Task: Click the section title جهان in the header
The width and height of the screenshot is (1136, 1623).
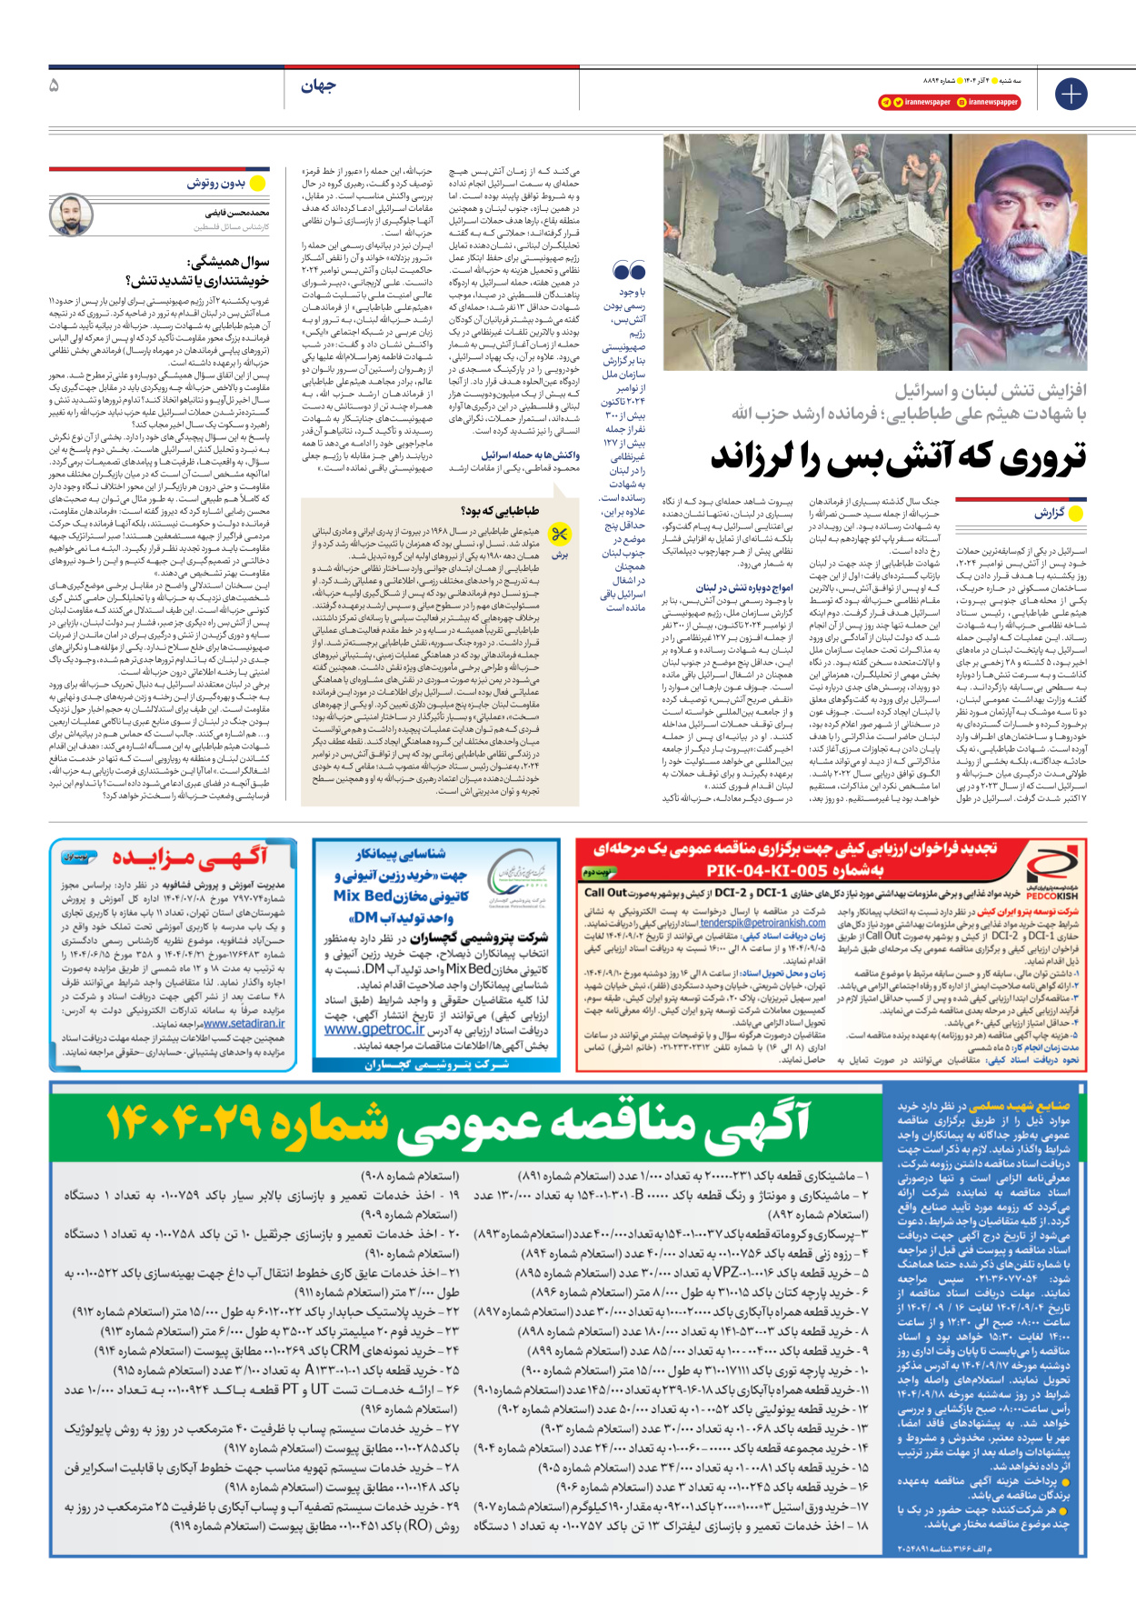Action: point(318,85)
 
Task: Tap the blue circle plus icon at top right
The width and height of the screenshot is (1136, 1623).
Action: point(1071,94)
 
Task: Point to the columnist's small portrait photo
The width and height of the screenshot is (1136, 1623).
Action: point(72,215)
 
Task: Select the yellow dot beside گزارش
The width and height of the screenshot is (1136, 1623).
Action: point(1076,514)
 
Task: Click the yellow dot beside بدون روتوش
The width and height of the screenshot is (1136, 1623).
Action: point(257,184)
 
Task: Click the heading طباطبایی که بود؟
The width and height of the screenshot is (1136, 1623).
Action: point(501,511)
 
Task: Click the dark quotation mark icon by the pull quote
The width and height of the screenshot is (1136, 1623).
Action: point(630,270)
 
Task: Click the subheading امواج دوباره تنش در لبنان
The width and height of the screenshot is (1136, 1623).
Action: point(744,588)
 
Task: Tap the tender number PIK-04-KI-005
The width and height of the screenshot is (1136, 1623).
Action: point(794,870)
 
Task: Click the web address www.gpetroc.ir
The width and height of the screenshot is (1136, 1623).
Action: point(374,1029)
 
